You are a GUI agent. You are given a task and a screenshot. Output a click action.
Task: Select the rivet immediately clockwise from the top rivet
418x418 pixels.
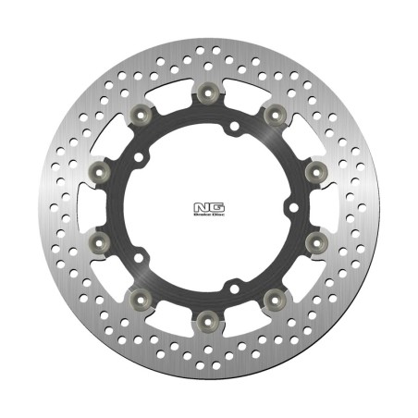click(275, 114)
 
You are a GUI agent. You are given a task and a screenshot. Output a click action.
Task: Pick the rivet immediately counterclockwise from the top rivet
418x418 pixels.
click(141, 114)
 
